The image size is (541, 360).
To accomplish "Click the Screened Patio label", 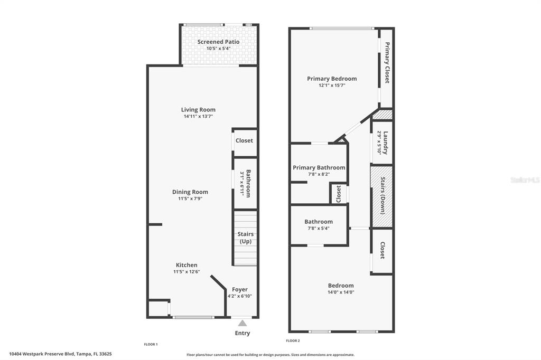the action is (x=218, y=42).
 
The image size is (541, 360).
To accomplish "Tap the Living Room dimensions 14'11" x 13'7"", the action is (x=198, y=117).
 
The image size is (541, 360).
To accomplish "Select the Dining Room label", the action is (x=190, y=192).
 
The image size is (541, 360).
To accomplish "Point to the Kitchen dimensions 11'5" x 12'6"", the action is (x=186, y=272).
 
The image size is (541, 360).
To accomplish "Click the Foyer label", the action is (x=240, y=290).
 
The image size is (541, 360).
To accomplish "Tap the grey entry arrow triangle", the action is (x=242, y=323).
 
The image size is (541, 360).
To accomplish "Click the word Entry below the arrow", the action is (x=242, y=333).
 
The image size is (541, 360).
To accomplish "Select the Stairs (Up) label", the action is (x=246, y=238).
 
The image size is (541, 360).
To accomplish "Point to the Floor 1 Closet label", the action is (x=244, y=141).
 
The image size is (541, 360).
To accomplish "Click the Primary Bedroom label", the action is (x=332, y=79).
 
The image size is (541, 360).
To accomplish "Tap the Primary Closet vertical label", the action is (x=387, y=62).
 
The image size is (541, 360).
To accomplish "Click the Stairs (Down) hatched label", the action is (x=383, y=195).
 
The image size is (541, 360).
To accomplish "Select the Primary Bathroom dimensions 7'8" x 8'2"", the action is (x=319, y=175).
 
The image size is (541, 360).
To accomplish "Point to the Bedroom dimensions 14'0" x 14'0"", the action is (x=341, y=292).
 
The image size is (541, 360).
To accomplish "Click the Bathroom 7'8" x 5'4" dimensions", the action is (x=319, y=228).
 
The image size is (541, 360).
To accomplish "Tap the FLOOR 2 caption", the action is (x=293, y=340).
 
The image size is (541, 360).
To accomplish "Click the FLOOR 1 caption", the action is (x=151, y=344).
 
